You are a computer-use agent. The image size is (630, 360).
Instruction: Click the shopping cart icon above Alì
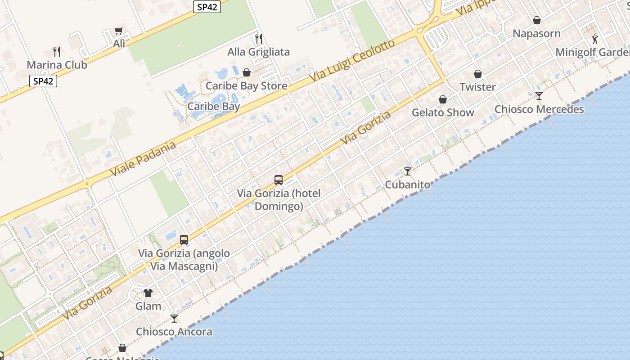click(x=118, y=31)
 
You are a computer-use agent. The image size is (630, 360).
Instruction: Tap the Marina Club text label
click(x=57, y=64)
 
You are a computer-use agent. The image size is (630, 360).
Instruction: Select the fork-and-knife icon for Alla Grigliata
click(x=259, y=39)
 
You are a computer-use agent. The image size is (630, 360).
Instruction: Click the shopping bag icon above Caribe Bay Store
click(x=247, y=72)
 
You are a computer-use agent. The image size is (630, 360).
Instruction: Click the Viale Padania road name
click(x=143, y=159)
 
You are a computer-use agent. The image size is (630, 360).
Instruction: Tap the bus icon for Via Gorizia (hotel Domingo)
click(x=279, y=180)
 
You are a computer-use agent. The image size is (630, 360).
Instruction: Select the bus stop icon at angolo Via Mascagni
click(x=184, y=240)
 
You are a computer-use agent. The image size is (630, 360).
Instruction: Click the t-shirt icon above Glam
click(x=148, y=293)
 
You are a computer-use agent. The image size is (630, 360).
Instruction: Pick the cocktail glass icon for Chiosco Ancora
click(x=174, y=319)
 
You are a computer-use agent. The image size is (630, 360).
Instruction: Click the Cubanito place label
click(x=408, y=184)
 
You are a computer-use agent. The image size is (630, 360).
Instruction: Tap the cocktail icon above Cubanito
click(x=408, y=171)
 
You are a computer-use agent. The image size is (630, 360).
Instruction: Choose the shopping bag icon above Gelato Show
click(x=443, y=99)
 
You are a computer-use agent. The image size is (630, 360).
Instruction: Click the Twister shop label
click(x=477, y=87)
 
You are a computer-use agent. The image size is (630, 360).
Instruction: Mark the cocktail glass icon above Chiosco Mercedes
click(x=539, y=96)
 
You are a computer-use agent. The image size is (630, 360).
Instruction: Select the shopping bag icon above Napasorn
click(x=537, y=20)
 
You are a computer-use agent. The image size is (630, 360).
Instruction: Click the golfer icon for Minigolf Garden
click(x=595, y=39)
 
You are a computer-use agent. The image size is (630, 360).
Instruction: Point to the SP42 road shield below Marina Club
click(x=43, y=81)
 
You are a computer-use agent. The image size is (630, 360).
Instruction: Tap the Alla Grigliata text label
click(x=259, y=52)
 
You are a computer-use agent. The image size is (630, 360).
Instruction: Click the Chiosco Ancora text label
click(x=174, y=332)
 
